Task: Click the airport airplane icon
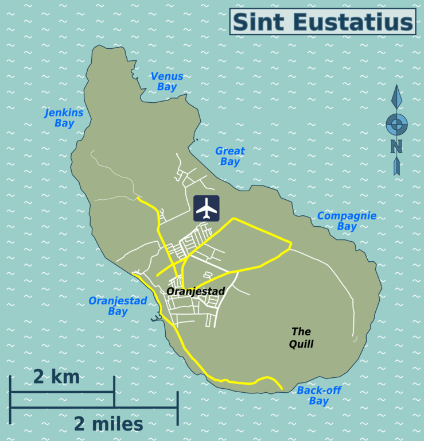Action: [x=207, y=208]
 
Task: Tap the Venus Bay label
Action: [x=167, y=82]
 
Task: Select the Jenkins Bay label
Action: [x=64, y=118]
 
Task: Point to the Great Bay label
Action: [x=230, y=156]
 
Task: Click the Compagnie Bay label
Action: [x=347, y=221]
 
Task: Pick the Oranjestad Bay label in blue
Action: [x=118, y=306]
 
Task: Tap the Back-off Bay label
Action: [x=319, y=396]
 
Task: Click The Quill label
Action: [x=302, y=338]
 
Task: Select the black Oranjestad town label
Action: [x=196, y=292]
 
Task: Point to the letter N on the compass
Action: [x=396, y=146]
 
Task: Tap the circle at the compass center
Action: [x=396, y=123]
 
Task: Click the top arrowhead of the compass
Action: [x=396, y=95]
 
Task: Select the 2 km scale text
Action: [x=56, y=377]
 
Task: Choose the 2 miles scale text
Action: [x=108, y=424]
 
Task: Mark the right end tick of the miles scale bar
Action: [x=177, y=408]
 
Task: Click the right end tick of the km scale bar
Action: [x=114, y=392]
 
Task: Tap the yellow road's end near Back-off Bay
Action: [x=282, y=389]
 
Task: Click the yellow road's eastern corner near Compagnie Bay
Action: [x=291, y=245]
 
